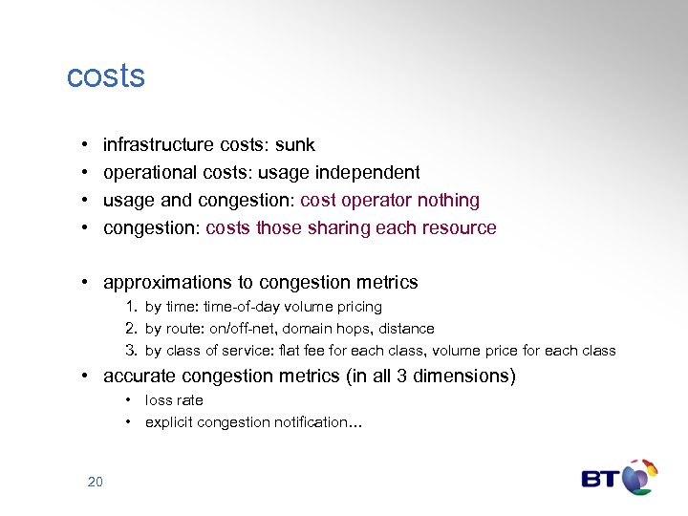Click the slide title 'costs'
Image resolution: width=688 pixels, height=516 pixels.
pyautogui.click(x=105, y=76)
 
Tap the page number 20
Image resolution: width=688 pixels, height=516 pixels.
pyautogui.click(x=95, y=482)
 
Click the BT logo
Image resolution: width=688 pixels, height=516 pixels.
pyautogui.click(x=619, y=478)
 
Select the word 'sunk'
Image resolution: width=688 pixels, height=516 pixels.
pyautogui.click(x=295, y=145)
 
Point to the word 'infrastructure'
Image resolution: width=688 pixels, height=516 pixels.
pyautogui.click(x=159, y=145)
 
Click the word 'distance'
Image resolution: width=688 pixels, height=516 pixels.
pyautogui.click(x=406, y=329)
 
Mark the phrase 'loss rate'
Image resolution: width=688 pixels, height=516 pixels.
pyautogui.click(x=174, y=400)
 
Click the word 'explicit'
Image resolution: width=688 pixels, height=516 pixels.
pyautogui.click(x=167, y=422)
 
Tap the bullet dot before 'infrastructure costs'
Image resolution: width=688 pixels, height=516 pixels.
pyautogui.click(x=85, y=145)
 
